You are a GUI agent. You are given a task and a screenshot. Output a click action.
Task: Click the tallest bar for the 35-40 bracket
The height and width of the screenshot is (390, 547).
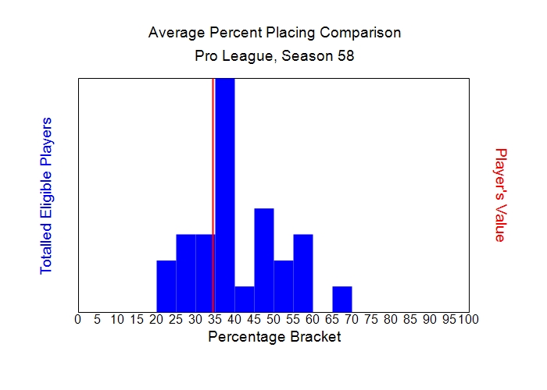(x=225, y=195)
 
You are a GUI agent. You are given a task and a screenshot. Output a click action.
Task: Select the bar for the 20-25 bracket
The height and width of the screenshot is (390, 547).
(x=166, y=285)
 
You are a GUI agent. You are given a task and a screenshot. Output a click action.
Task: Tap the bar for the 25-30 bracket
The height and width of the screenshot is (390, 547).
(x=186, y=273)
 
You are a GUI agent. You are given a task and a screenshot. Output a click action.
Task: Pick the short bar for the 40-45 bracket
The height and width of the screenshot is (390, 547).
(x=245, y=299)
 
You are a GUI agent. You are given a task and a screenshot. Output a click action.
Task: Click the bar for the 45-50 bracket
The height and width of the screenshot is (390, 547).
(x=264, y=260)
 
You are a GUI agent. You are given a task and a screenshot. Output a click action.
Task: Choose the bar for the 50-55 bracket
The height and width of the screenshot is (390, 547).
(x=284, y=285)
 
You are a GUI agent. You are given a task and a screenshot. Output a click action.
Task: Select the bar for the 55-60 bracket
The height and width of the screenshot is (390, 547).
(x=303, y=273)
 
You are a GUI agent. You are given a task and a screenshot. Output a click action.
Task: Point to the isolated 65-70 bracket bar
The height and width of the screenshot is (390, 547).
(x=342, y=299)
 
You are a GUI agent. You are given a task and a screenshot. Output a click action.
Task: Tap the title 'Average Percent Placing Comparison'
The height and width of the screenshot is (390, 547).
(x=274, y=33)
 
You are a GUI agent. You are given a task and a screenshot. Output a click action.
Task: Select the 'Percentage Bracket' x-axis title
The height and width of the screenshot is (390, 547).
(x=274, y=337)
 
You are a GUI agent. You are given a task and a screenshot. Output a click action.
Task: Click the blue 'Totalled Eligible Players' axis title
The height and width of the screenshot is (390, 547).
(x=46, y=195)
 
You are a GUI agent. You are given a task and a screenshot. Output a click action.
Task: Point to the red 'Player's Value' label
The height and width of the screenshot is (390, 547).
(x=501, y=195)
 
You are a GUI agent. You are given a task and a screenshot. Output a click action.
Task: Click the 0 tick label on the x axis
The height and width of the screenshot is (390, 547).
(x=77, y=319)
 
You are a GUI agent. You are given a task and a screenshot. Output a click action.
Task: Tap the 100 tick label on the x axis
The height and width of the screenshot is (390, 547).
(x=468, y=319)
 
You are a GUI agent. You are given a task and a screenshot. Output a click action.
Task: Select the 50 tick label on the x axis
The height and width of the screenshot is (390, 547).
(x=273, y=319)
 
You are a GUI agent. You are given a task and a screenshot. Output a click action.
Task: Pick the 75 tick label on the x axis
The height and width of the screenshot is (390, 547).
(x=371, y=319)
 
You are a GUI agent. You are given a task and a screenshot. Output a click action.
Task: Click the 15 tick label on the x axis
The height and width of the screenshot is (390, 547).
(x=137, y=319)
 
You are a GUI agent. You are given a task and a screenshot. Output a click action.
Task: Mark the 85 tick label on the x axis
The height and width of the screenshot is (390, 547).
(x=410, y=319)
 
